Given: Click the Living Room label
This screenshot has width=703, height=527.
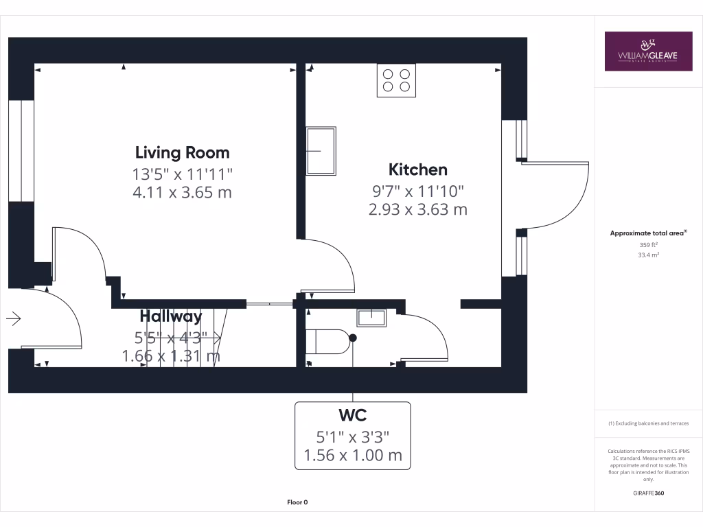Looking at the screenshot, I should [x=182, y=152].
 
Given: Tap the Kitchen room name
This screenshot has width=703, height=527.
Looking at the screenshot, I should [x=417, y=169].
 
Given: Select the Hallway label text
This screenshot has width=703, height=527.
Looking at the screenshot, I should [x=171, y=316].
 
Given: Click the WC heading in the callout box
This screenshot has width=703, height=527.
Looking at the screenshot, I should [x=352, y=416].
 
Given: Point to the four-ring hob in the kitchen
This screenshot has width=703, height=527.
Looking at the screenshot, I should [x=396, y=80].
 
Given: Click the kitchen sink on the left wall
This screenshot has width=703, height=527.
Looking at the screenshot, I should [x=321, y=150].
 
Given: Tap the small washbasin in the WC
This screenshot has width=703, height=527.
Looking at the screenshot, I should [x=371, y=317].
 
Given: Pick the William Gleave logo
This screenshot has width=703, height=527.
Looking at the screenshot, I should [x=647, y=51].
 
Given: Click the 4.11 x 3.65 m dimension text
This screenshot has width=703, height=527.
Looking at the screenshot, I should [x=182, y=192].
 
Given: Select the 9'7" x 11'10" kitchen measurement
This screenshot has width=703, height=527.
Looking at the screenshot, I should [x=417, y=190].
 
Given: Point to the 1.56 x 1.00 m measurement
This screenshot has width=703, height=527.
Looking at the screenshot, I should [x=352, y=455].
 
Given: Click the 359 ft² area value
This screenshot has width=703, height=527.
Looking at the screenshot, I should [x=648, y=244].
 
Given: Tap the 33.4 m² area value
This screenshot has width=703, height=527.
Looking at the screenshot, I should [x=648, y=255].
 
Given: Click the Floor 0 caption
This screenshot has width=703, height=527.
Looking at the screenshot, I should [x=297, y=502].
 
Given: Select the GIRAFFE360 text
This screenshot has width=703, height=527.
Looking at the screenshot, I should [x=648, y=493].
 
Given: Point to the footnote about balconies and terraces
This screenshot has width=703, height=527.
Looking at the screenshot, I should [x=648, y=423].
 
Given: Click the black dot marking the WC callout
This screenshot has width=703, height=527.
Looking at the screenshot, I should [x=353, y=338].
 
